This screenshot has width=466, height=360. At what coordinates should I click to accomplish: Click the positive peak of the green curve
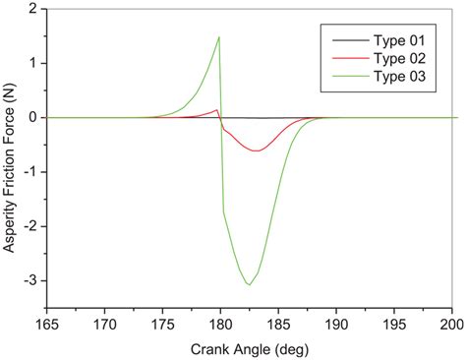click(x=218, y=37)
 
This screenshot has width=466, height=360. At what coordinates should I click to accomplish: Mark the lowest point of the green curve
click(x=249, y=284)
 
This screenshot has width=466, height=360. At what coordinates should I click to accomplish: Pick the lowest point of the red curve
click(x=256, y=150)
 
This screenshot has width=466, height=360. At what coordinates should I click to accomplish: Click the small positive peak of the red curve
click(x=217, y=110)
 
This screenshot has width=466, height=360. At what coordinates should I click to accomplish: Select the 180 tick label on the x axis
click(x=220, y=326)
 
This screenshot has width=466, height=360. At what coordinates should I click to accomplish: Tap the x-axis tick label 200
click(x=451, y=326)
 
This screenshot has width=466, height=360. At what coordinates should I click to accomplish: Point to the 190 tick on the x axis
click(x=336, y=326)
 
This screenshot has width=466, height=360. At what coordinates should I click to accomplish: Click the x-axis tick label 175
click(x=162, y=326)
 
